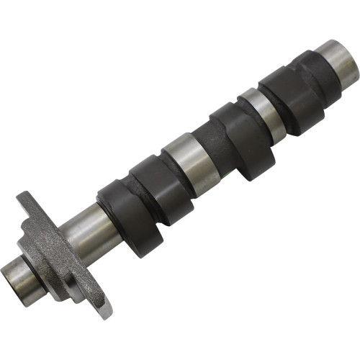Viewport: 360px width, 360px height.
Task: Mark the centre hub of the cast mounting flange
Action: click(x=50, y=245)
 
